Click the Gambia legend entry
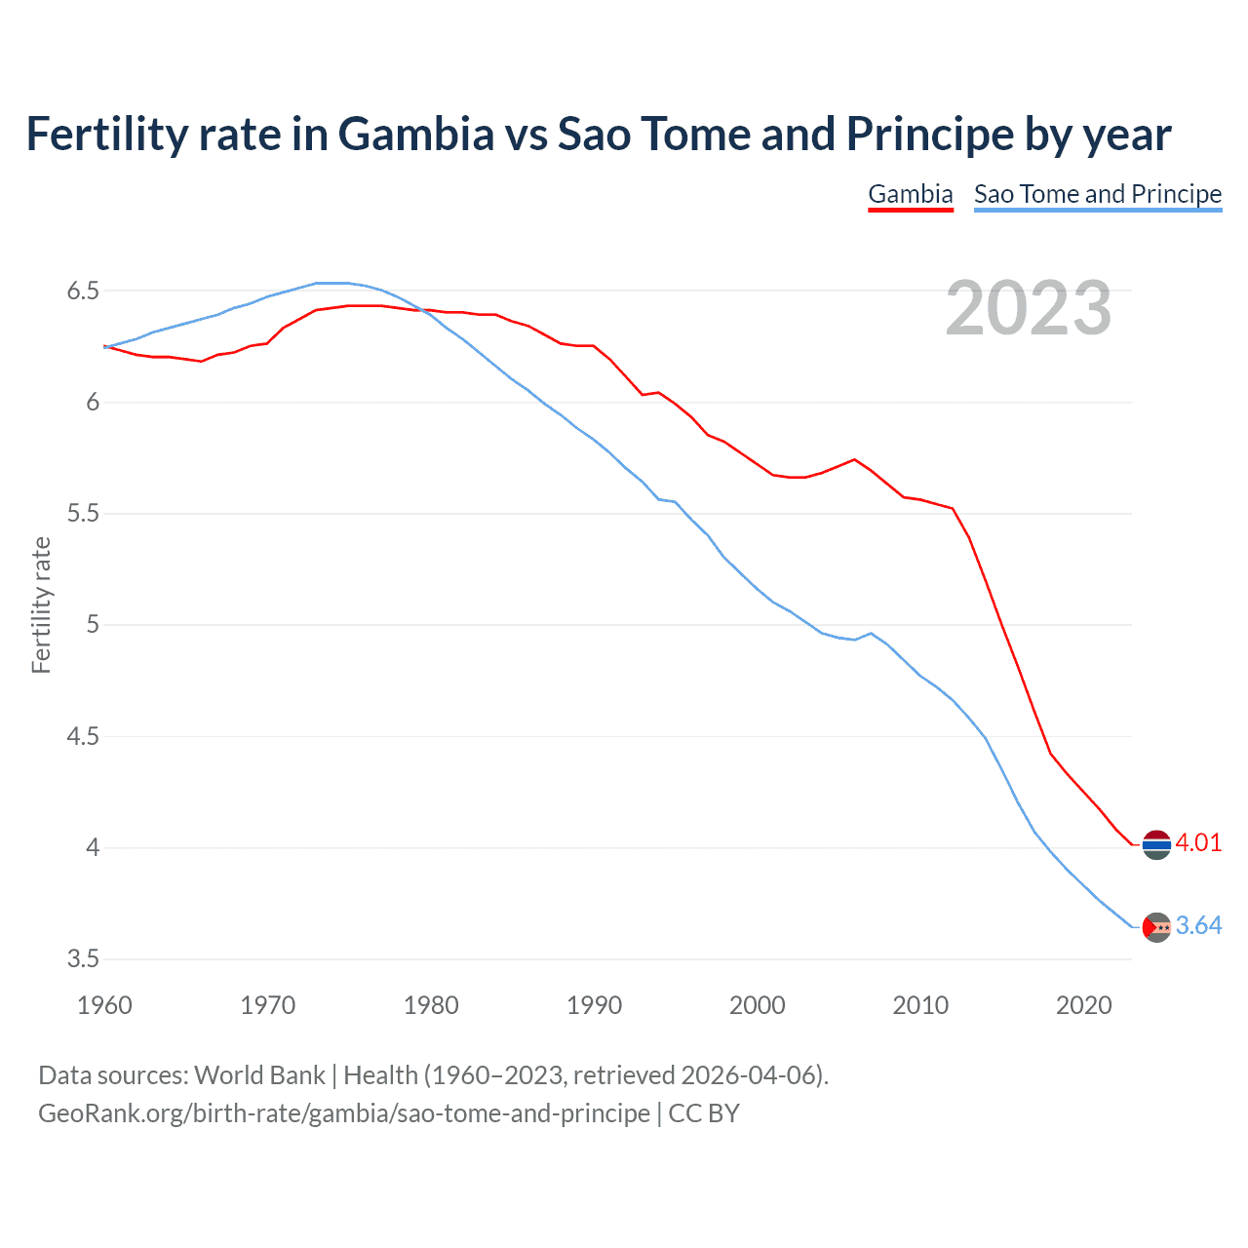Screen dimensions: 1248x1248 pyautogui.click(x=910, y=194)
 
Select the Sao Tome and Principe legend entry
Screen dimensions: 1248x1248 pyautogui.click(x=1097, y=194)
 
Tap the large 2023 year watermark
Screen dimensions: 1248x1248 pyautogui.click(x=1028, y=308)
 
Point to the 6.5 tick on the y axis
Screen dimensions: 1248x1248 pyautogui.click(x=83, y=291)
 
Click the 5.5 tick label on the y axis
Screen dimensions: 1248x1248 pyautogui.click(x=83, y=514)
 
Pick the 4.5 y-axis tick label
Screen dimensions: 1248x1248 pyautogui.click(x=83, y=736)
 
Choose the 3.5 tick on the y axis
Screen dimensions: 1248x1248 pyautogui.click(x=83, y=959)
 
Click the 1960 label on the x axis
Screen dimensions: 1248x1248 pyautogui.click(x=104, y=1005)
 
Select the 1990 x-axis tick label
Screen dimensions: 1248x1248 pyautogui.click(x=594, y=1005)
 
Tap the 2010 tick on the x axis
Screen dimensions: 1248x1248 pyautogui.click(x=920, y=1005)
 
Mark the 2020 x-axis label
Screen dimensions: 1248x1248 pyautogui.click(x=1083, y=1005)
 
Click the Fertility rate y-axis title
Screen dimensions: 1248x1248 pyautogui.click(x=41, y=604)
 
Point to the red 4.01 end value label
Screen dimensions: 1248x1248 pyautogui.click(x=1198, y=842)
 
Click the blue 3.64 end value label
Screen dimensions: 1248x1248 pyautogui.click(x=1198, y=925)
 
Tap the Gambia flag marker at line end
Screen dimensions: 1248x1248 pyautogui.click(x=1156, y=844)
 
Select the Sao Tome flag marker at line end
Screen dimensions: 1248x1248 pyautogui.click(x=1156, y=927)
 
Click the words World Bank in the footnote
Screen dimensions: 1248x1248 pyautogui.click(x=259, y=1075)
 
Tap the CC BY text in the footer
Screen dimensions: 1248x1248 pyautogui.click(x=704, y=1113)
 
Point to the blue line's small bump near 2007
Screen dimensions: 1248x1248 pyautogui.click(x=871, y=634)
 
